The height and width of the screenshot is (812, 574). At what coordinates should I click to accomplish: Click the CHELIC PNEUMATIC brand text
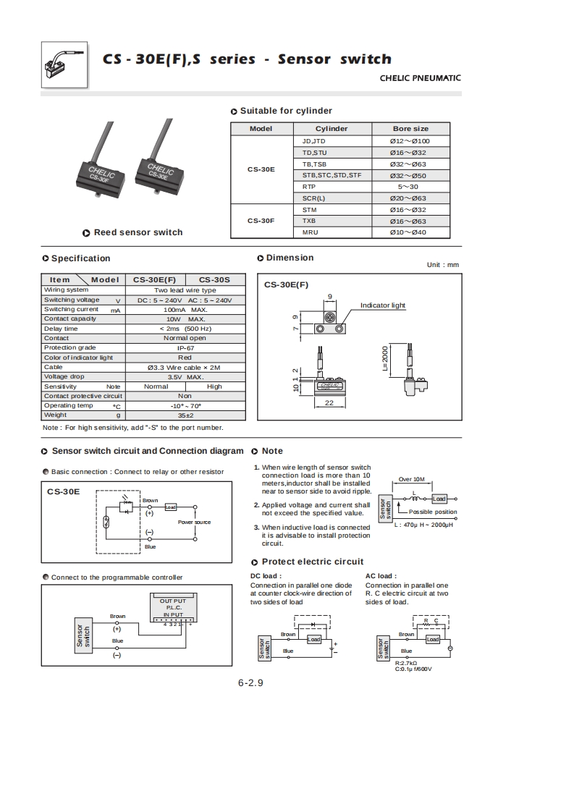[x=420, y=78]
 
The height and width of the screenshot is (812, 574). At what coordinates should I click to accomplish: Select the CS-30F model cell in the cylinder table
[x=261, y=221]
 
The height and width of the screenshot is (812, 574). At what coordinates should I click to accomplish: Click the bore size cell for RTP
[x=410, y=187]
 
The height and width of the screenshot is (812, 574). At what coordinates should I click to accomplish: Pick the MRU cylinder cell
[x=309, y=232]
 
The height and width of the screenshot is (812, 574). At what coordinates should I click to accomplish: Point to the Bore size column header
[x=410, y=128]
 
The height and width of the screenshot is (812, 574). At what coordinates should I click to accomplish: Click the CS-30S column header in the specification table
[x=214, y=279]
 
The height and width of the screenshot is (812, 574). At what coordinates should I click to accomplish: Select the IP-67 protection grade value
[x=185, y=348]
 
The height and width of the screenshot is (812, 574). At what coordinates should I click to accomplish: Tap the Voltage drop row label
[x=64, y=376]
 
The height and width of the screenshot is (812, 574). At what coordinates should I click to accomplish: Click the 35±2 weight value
[x=185, y=415]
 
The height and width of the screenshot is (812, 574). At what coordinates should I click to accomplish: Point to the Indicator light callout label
[x=383, y=305]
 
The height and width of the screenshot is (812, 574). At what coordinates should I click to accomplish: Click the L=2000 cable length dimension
[x=386, y=359]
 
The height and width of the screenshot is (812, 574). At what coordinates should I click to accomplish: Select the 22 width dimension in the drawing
[x=329, y=402]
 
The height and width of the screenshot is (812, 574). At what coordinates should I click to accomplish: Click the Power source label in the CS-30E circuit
[x=194, y=522]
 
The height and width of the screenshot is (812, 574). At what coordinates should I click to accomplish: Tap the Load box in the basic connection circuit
[x=171, y=507]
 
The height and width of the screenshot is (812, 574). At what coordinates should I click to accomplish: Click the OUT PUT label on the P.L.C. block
[x=172, y=601]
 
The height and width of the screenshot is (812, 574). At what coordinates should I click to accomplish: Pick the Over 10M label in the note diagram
[x=411, y=480]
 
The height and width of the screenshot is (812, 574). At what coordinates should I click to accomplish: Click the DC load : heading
[x=266, y=576]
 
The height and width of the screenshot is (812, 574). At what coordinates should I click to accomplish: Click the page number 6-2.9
[x=250, y=683]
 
